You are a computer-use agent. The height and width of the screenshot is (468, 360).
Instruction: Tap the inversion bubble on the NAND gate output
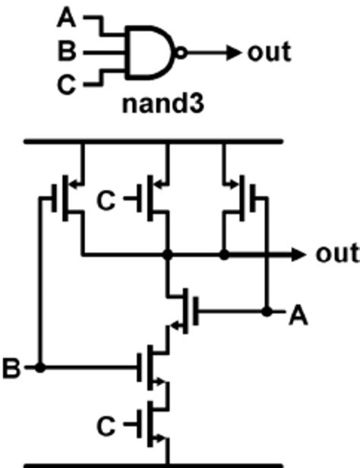[179, 53]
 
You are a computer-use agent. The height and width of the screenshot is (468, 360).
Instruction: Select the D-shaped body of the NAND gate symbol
[149, 53]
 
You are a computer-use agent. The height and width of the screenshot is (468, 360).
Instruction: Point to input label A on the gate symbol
[67, 17]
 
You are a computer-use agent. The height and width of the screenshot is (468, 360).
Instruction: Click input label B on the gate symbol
[67, 53]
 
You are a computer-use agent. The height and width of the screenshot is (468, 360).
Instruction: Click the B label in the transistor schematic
[11, 369]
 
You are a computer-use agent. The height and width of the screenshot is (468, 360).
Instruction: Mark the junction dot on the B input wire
[41, 368]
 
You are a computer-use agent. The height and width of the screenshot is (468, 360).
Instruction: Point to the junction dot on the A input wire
[267, 311]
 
